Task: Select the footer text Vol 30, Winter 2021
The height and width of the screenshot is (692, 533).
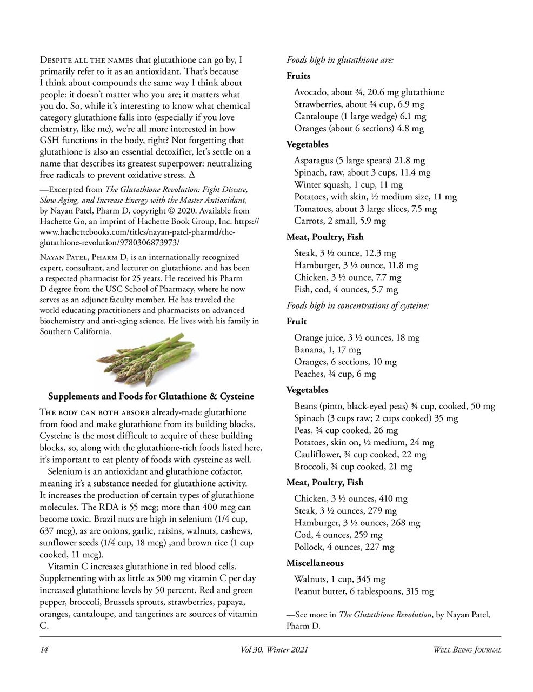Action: tap(275, 649)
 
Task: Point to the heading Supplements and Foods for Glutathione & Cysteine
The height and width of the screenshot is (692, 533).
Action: tap(151, 396)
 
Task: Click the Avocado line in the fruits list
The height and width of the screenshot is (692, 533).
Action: tap(369, 92)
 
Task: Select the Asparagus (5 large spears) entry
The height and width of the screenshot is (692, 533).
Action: tap(359, 161)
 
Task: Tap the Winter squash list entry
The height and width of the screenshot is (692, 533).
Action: tap(348, 185)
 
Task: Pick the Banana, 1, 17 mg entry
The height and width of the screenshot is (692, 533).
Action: tap(327, 350)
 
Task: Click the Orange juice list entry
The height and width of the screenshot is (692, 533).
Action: tap(356, 338)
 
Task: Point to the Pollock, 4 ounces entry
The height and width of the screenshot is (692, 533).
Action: tap(344, 547)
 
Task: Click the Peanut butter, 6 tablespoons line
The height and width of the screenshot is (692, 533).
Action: tap(363, 591)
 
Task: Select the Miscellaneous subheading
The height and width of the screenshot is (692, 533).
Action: tap(315, 563)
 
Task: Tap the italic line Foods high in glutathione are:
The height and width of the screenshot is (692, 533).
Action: tap(339, 60)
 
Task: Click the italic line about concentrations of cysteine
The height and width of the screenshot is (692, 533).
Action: tap(357, 305)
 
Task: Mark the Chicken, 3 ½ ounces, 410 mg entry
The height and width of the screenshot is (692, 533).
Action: tap(350, 498)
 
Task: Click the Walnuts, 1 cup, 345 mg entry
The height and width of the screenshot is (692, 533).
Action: tap(339, 580)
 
